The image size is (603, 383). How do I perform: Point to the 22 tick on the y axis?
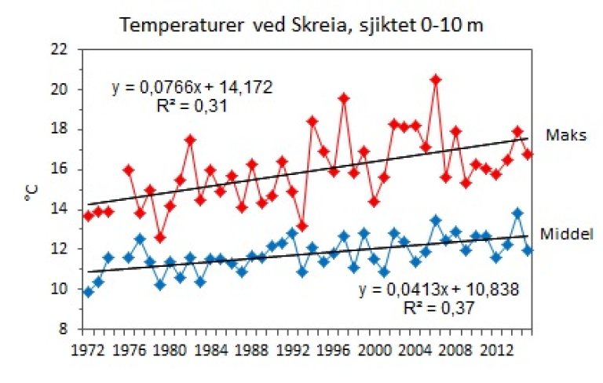click(x=68, y=49)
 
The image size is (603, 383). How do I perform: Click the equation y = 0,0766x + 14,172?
click(x=191, y=87)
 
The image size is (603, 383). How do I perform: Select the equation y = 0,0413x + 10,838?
click(x=440, y=290)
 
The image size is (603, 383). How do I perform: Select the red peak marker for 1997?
click(x=344, y=98)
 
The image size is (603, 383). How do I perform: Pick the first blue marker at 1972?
click(x=88, y=292)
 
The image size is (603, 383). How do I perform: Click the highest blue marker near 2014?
click(x=517, y=213)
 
